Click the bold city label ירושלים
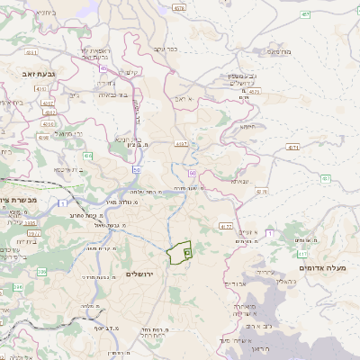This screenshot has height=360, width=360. (x=141, y=273)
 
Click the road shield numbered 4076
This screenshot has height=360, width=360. (x=179, y=7)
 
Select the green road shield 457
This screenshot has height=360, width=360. (x=305, y=14)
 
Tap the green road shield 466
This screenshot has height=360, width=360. (x=88, y=157)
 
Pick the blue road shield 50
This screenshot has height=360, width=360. (x=137, y=168)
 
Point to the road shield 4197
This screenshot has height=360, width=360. (x=181, y=143)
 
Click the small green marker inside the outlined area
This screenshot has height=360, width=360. (x=186, y=254)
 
